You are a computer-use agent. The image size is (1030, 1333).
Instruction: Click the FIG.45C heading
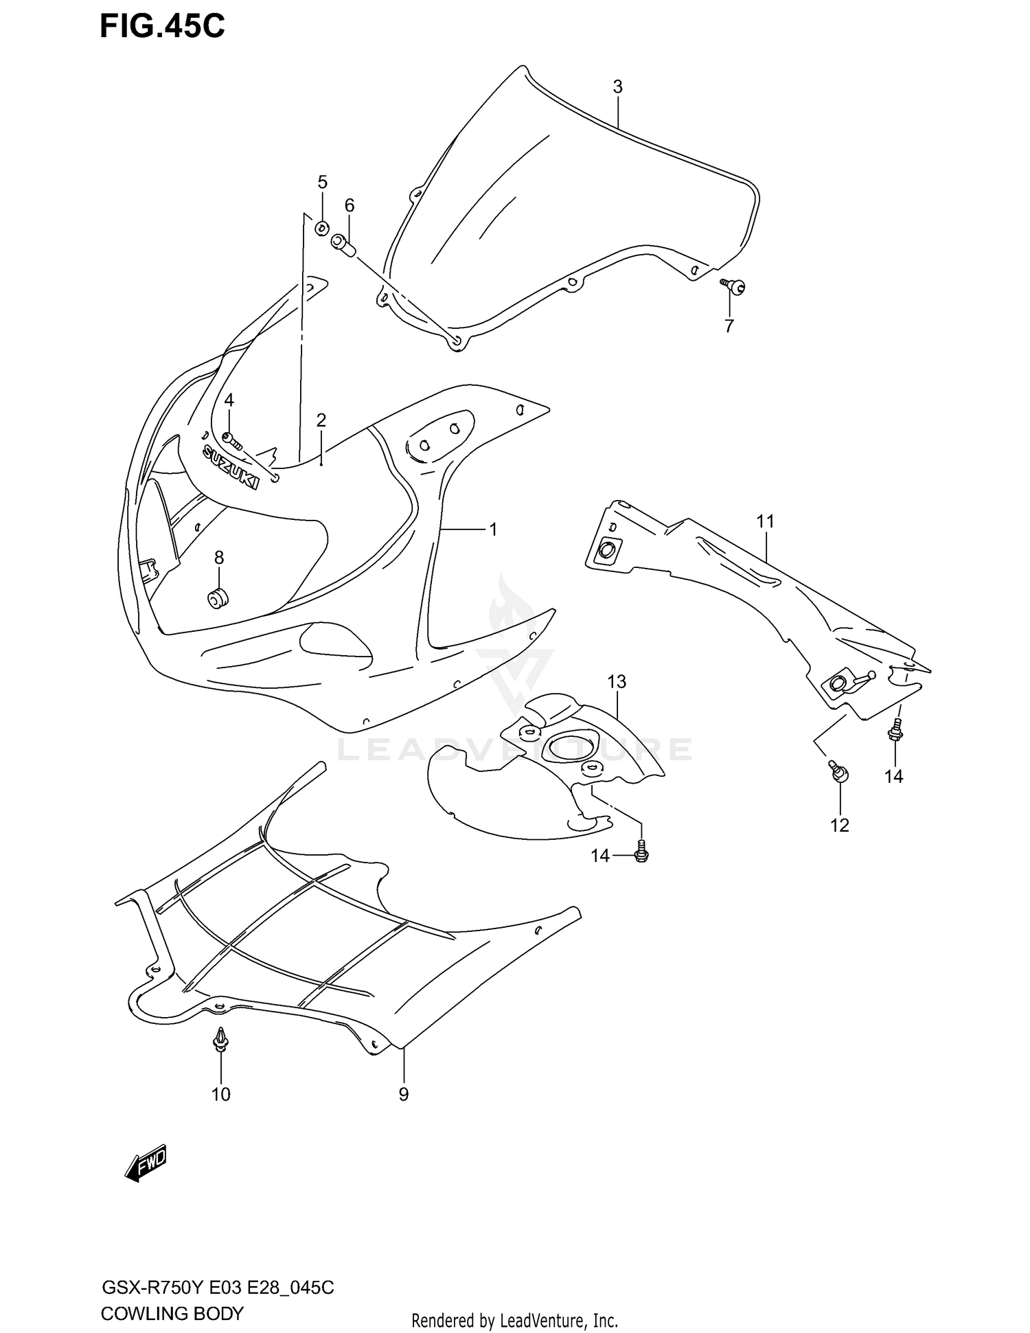tap(162, 26)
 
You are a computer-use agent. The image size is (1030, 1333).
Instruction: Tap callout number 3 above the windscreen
tap(617, 87)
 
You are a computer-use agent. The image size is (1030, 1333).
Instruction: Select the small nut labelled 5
tap(321, 228)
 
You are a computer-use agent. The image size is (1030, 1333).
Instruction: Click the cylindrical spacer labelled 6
tap(343, 245)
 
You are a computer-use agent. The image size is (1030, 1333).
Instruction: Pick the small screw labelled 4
tap(231, 439)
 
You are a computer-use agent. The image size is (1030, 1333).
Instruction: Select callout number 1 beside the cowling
tap(492, 529)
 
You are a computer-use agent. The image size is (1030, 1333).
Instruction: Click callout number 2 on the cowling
tap(321, 420)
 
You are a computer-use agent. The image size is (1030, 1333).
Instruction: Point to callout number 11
tap(765, 522)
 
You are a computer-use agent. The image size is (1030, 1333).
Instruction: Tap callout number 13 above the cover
tap(617, 682)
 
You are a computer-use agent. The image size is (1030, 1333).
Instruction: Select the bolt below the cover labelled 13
tap(642, 852)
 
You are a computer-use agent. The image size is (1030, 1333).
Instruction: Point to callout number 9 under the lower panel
tap(403, 1095)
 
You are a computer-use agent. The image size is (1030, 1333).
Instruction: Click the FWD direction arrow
tap(146, 1163)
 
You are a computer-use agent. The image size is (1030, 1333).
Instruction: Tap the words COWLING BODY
tap(172, 1314)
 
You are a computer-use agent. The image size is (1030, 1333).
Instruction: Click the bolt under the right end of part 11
tap(896, 732)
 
